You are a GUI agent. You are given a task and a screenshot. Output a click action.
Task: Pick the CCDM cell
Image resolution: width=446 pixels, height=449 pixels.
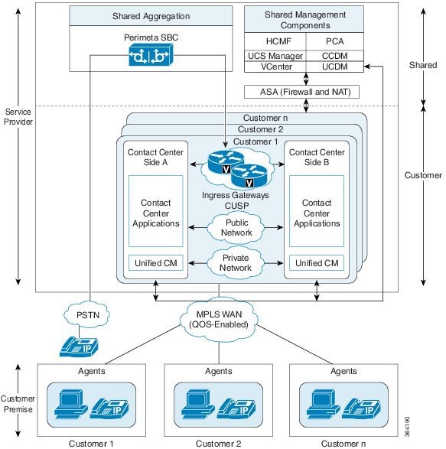(x=334, y=55)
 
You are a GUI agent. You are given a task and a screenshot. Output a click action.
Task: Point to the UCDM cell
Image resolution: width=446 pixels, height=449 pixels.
(x=334, y=67)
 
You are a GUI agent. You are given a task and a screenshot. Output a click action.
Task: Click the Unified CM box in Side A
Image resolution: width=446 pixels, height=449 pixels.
(x=155, y=263)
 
